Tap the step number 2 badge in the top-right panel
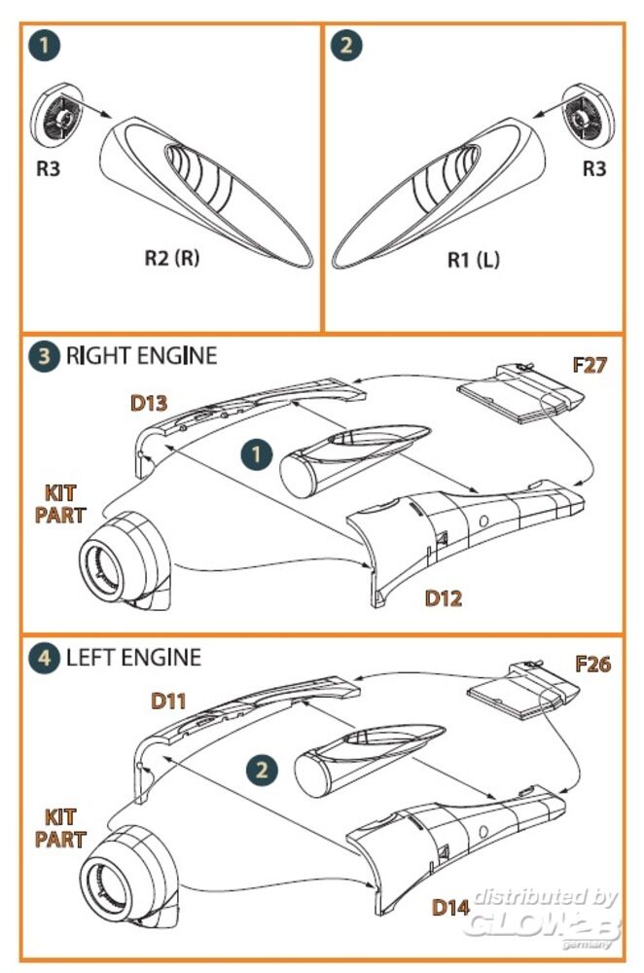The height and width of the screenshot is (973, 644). [347, 46]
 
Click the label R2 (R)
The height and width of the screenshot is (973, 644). [171, 259]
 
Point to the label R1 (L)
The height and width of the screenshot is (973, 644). [474, 259]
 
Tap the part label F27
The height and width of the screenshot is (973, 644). [591, 366]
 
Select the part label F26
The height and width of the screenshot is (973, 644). [592, 665]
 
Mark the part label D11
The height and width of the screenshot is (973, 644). [170, 701]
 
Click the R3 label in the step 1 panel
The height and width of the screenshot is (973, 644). [49, 167]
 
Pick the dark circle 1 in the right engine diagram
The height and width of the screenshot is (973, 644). [256, 453]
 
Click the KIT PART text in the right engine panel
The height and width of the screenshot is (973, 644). [61, 504]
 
